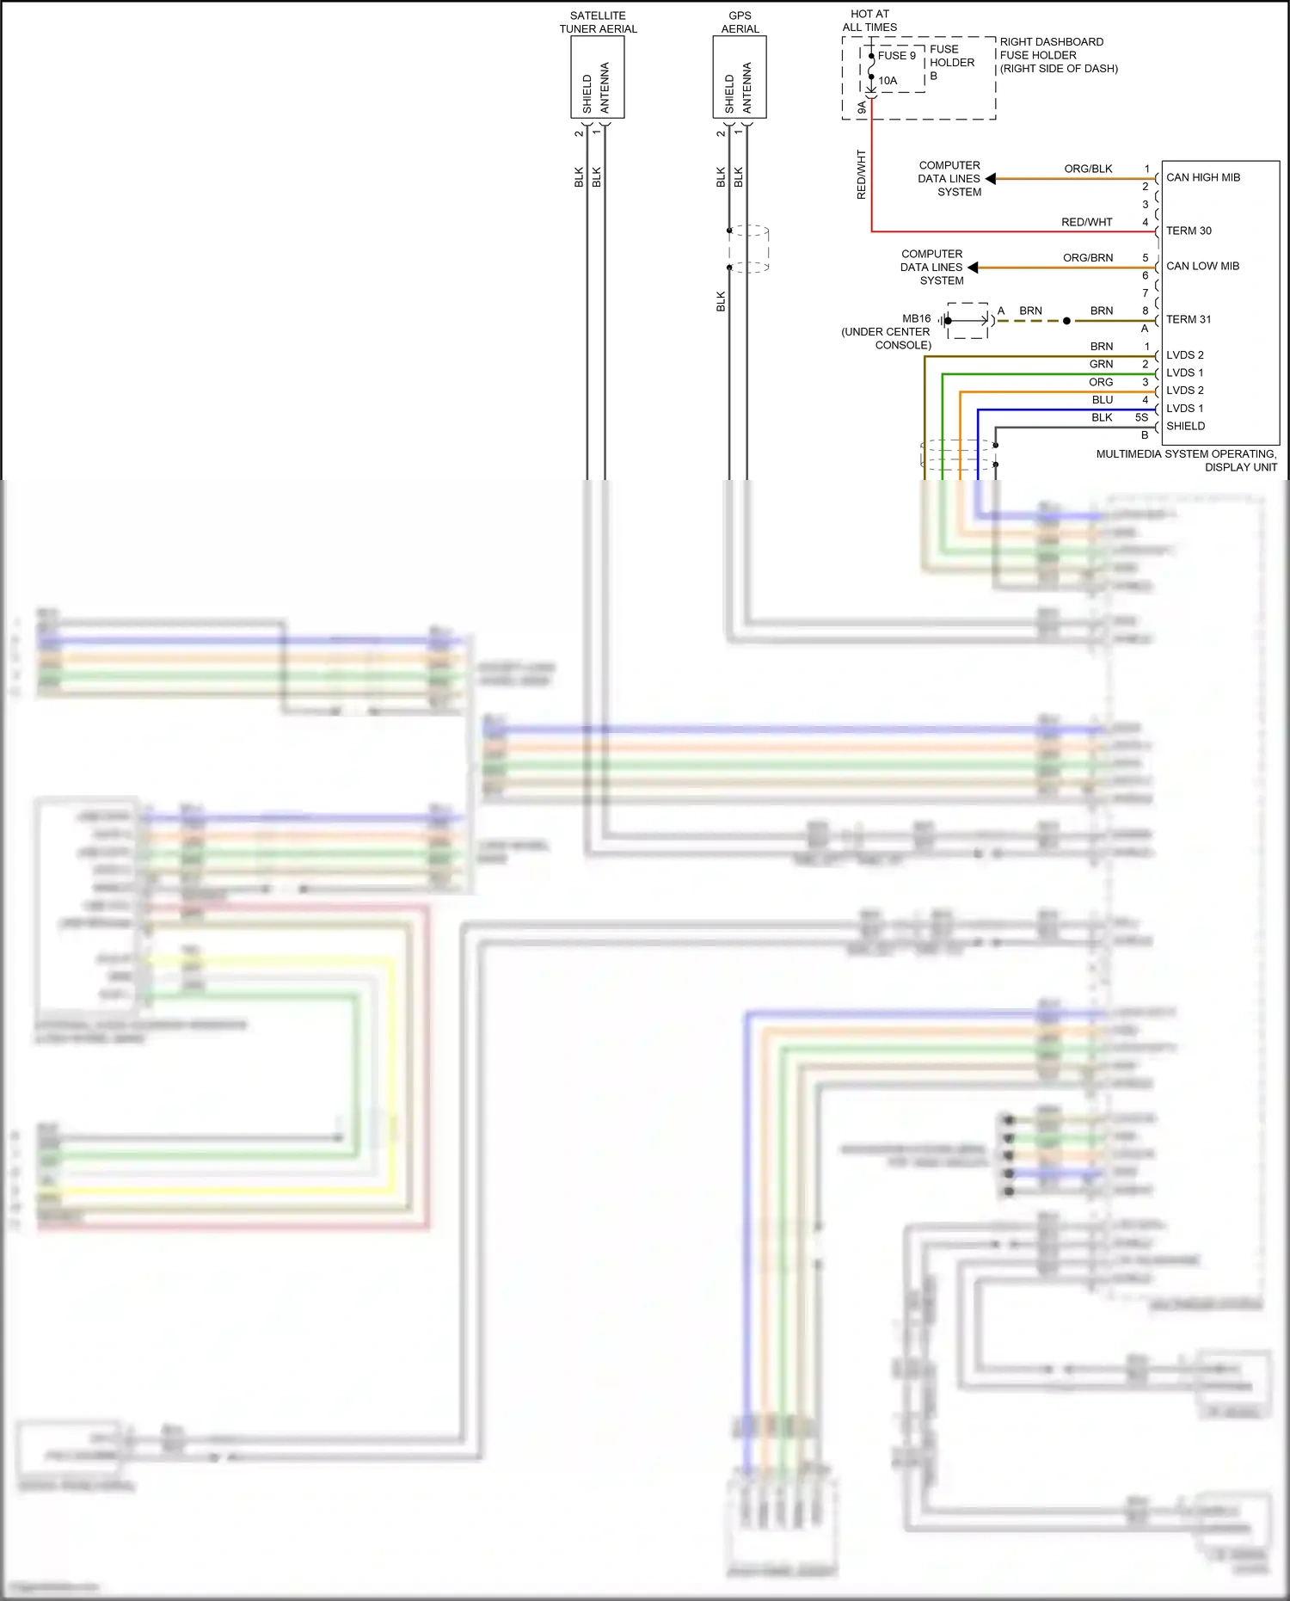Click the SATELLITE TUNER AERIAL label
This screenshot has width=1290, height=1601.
tap(598, 22)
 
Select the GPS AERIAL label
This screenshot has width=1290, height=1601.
tap(740, 22)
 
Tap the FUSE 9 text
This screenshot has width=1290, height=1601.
tap(896, 55)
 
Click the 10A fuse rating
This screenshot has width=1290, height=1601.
tap(888, 81)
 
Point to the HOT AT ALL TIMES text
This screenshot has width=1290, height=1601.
tap(869, 21)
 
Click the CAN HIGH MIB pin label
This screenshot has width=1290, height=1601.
tap(1202, 177)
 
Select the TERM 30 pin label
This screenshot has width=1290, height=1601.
tap(1189, 231)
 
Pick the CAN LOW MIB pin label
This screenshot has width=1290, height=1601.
tap(1202, 266)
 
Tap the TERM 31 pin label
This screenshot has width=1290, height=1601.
tap(1189, 319)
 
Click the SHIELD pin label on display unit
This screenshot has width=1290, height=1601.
tap(1185, 426)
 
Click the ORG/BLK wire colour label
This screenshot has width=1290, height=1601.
tap(1088, 169)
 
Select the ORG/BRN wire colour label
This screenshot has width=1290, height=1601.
tap(1088, 257)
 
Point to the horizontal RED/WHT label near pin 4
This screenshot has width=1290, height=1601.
tap(1086, 222)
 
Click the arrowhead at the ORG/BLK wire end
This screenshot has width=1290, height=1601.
tap(991, 179)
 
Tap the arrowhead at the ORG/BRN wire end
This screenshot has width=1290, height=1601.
tap(974, 268)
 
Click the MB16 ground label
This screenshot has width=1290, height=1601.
tap(916, 318)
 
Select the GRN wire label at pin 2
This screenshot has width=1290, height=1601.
tap(1101, 364)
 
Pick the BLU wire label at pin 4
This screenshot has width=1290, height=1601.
tap(1102, 400)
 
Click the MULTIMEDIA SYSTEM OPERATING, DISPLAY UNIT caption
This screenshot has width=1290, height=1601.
tap(1186, 460)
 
